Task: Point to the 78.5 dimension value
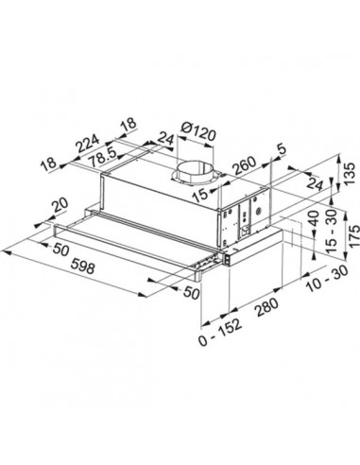[105, 157]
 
